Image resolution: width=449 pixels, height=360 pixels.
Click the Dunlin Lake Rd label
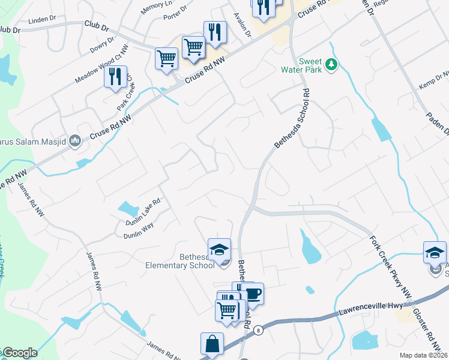pyautogui.click(x=142, y=212)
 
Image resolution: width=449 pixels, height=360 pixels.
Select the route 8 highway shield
pyautogui.click(x=258, y=330)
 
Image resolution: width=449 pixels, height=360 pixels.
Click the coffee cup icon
pyautogui.click(x=253, y=294)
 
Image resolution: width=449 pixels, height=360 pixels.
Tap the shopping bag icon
pyautogui.click(x=211, y=344)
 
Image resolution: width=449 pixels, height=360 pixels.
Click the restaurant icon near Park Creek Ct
pyautogui.click(x=115, y=77)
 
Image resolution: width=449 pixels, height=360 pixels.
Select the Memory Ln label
pyautogui.click(x=155, y=8)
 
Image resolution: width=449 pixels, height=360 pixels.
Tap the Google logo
pyautogui.click(x=19, y=353)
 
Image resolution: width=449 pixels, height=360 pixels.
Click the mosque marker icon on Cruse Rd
pyautogui.click(x=75, y=141)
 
